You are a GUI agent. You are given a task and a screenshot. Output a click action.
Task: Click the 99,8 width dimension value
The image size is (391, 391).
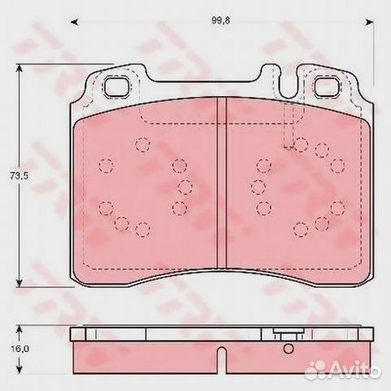[x=221, y=20]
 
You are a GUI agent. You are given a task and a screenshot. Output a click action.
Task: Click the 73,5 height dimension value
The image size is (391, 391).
[x=19, y=176]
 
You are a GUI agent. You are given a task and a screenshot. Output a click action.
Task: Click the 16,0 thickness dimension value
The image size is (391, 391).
[x=20, y=349]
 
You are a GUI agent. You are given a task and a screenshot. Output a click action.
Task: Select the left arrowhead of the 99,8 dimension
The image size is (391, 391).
[x=74, y=22]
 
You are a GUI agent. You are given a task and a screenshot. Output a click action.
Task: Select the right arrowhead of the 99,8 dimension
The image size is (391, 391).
[x=370, y=22]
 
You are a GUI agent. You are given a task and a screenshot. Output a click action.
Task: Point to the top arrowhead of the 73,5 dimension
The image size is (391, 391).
[x=19, y=68]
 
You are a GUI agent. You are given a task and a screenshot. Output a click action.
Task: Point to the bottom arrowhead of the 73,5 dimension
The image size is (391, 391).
[x=19, y=283]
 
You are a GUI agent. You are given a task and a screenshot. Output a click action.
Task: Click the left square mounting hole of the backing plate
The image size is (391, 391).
[x=117, y=86]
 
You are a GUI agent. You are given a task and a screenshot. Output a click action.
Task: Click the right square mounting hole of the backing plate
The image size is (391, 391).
[x=327, y=86]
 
